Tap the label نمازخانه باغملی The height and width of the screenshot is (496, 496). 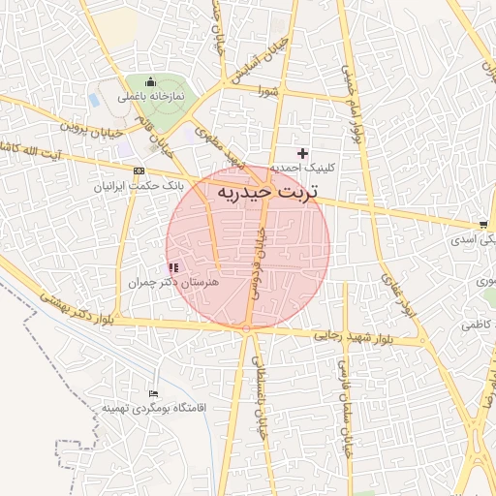(x=151, y=97)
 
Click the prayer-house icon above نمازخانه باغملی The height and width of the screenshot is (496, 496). (x=150, y=82)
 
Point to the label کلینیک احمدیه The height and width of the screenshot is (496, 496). (x=302, y=168)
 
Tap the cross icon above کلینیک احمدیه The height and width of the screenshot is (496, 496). (x=303, y=153)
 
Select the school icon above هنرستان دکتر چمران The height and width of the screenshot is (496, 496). (x=173, y=267)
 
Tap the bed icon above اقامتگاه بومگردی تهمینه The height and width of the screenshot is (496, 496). (x=153, y=395)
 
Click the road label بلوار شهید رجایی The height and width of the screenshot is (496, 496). (x=355, y=336)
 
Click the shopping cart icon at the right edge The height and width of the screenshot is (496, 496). (x=483, y=226)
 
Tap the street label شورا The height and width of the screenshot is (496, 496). (x=268, y=92)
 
